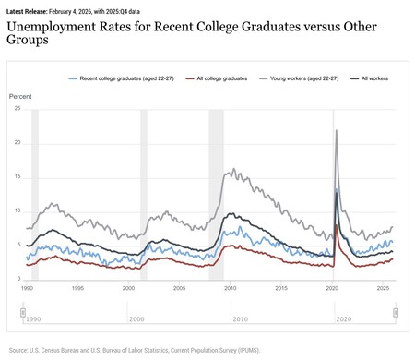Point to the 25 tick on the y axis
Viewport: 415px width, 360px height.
click(16, 109)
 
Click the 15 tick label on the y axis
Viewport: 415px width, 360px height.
click(16, 177)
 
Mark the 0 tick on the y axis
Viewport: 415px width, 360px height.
click(18, 280)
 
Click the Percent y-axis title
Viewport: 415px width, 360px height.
click(20, 96)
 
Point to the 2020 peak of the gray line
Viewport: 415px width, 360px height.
click(336, 130)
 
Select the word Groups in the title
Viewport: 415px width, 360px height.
click(30, 43)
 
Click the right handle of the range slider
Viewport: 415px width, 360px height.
click(395, 312)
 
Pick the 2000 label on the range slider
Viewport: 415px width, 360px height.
click(136, 318)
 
